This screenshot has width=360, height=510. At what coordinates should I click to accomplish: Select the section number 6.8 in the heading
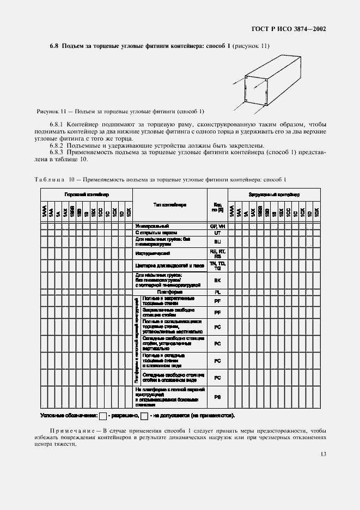click(x=54, y=46)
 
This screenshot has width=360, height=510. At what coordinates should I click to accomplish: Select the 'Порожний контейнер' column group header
click(x=87, y=195)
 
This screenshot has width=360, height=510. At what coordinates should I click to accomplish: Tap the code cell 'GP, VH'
click(x=217, y=226)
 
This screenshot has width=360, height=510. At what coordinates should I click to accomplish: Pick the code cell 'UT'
click(x=217, y=233)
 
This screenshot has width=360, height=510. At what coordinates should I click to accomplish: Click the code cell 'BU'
click(x=217, y=241)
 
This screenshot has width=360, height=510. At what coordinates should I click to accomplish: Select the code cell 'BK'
click(x=217, y=280)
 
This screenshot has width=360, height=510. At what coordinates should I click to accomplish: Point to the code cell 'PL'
click(x=217, y=292)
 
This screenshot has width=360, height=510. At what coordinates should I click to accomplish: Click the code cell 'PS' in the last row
click(x=217, y=397)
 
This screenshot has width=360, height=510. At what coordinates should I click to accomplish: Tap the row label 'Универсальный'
click(x=152, y=226)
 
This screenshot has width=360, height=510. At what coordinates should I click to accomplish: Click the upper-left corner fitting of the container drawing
click(x=247, y=79)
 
